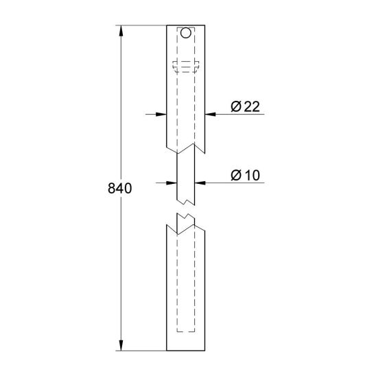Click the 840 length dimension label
pos(119,188)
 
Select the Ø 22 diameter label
pos(245,106)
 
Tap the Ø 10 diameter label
pos(245,175)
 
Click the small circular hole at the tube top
pos(186,33)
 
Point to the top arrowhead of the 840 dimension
pos(121,31)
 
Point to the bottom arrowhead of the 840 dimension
pos(121,345)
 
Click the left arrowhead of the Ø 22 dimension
pos(161,115)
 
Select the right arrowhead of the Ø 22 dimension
pos(211,115)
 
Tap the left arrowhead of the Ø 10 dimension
pos(172,183)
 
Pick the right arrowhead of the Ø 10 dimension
pos(200,183)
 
